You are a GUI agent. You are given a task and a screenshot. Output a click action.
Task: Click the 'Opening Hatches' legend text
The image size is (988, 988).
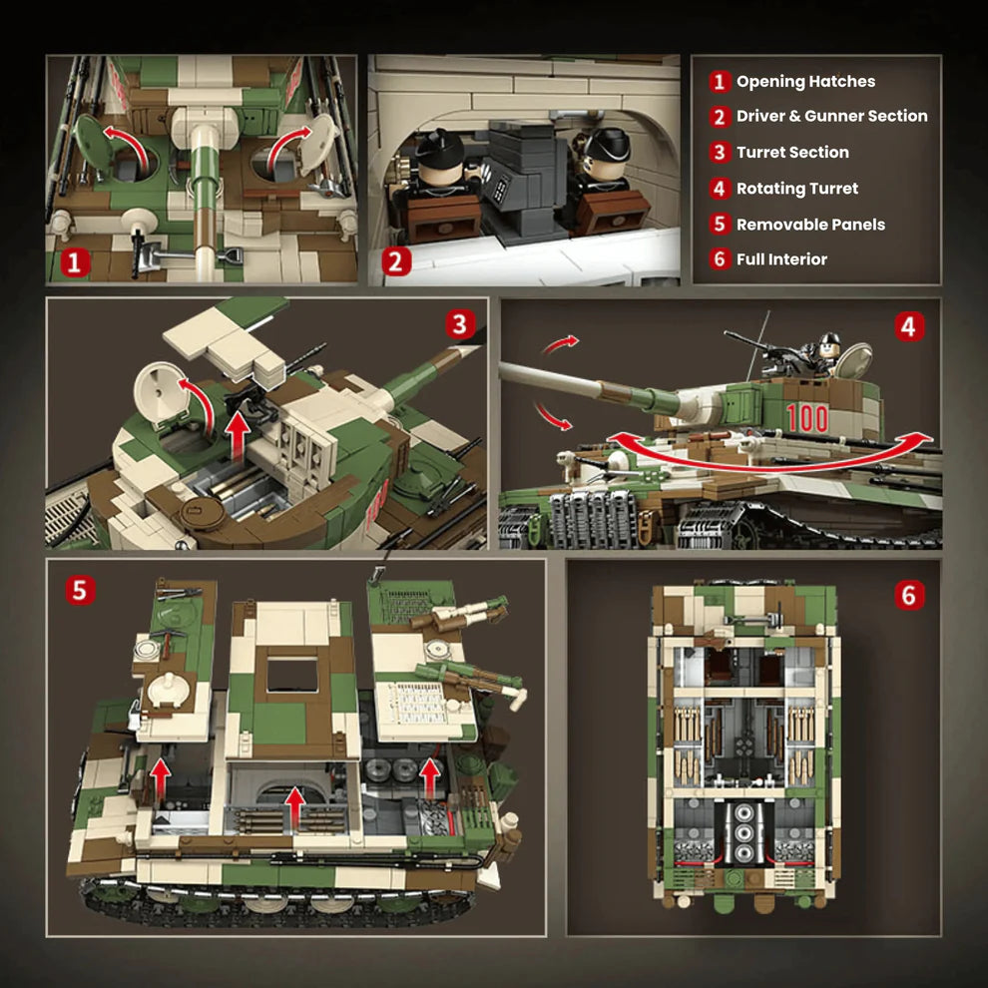[x=805, y=82]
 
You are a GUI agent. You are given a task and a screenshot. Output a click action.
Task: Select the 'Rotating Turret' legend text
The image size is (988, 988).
[x=796, y=189]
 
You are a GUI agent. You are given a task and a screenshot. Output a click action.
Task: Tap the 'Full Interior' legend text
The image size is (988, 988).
[x=781, y=259]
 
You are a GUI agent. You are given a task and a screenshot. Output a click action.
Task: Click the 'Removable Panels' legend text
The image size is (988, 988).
[x=810, y=225]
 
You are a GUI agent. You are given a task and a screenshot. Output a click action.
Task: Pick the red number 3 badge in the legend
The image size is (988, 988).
[x=720, y=153]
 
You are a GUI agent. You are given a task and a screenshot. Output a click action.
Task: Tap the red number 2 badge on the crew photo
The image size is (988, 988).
[x=396, y=262]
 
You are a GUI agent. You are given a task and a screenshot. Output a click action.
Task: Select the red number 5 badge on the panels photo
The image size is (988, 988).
[x=81, y=590]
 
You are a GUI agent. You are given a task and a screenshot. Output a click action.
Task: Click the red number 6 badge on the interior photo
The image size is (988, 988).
[x=907, y=595]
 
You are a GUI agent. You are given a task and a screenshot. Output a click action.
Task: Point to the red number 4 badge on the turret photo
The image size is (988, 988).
[x=907, y=326]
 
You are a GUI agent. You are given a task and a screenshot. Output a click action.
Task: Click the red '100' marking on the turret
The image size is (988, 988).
[x=806, y=418]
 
